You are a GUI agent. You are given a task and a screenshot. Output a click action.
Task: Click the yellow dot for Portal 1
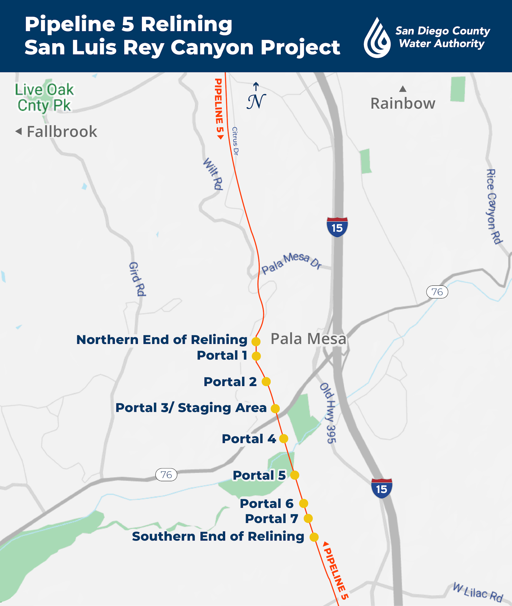click(256, 356)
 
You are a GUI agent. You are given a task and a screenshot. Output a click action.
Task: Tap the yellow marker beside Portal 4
click(284, 438)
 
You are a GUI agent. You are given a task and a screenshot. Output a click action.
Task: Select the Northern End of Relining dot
click(256, 341)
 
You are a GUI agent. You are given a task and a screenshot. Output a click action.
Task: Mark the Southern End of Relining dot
click(314, 537)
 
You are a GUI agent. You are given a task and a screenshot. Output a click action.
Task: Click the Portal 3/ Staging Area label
click(191, 408)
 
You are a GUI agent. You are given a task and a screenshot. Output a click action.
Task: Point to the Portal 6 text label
click(267, 504)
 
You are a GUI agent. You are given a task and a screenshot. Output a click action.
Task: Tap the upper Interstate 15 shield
click(337, 227)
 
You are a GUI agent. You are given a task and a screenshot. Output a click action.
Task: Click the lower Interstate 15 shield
click(382, 488)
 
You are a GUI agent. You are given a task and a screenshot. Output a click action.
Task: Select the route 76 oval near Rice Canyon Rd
click(437, 292)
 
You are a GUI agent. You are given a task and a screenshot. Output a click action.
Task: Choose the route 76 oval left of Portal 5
click(166, 474)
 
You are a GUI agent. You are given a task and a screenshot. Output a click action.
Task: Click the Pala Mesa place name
click(308, 339)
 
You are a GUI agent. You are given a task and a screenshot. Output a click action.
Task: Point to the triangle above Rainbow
click(403, 89)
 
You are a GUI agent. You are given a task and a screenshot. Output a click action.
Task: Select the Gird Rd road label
click(137, 279)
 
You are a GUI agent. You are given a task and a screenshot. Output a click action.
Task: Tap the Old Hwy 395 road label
click(328, 413)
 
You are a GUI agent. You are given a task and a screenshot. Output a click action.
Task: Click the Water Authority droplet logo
click(377, 38)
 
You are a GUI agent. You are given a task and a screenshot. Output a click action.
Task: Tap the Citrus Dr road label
click(235, 141)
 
